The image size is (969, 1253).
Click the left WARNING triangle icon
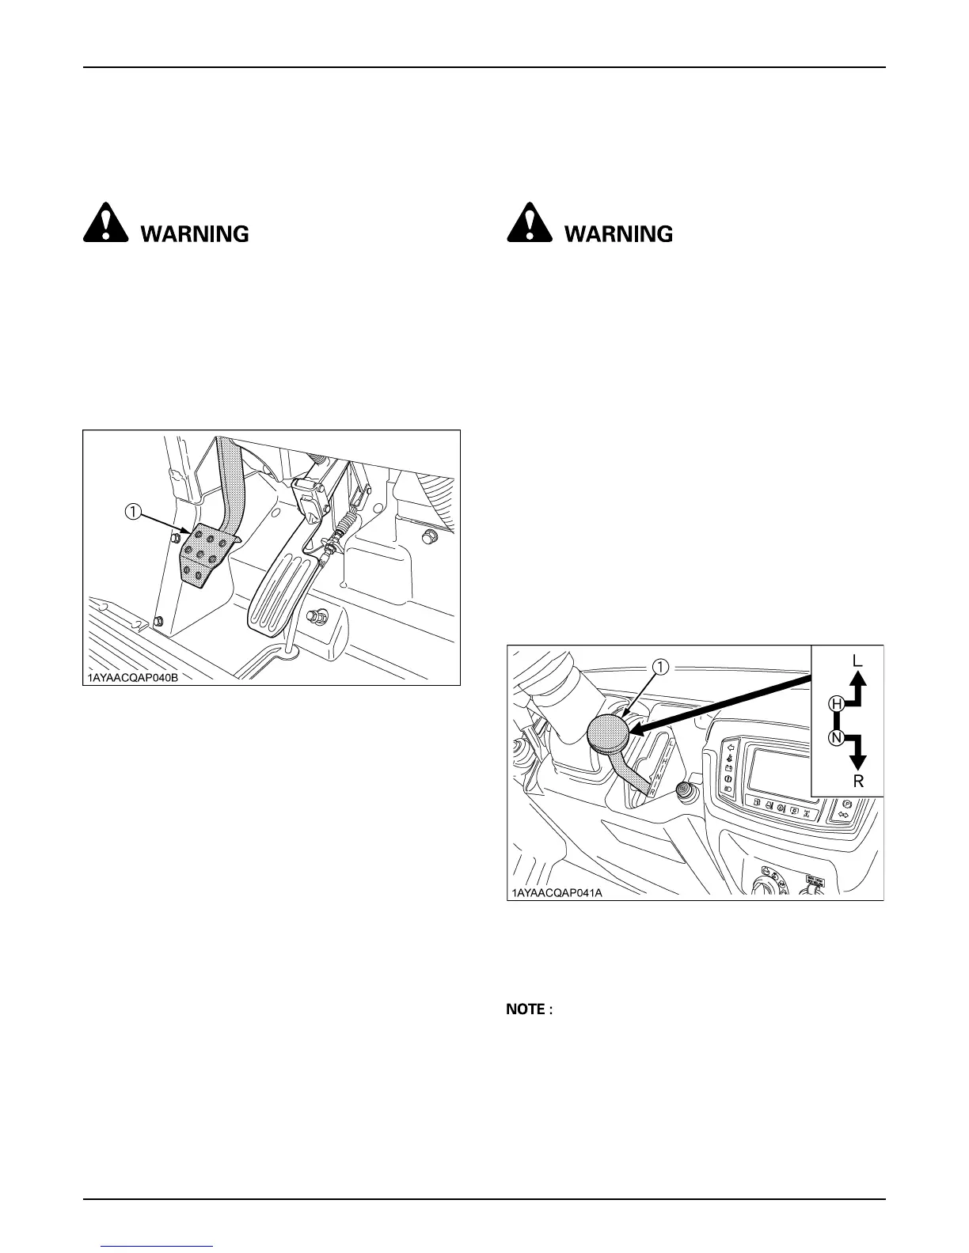(105, 224)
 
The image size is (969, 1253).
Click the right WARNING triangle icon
(528, 224)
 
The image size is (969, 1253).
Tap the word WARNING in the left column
(195, 234)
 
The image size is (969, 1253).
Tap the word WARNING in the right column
(618, 234)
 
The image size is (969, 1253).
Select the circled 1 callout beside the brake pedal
(132, 513)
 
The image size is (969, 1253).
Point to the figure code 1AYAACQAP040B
(132, 677)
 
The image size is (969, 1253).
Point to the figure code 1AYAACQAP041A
(556, 892)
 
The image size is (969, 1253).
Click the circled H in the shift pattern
(835, 702)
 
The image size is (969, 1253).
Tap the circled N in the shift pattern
(835, 738)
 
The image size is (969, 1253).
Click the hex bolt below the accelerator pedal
(321, 615)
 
